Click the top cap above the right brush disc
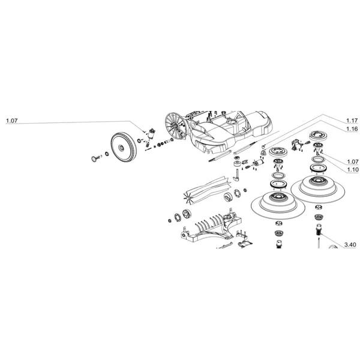click(x=317, y=137)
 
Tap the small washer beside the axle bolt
click(x=107, y=155)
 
